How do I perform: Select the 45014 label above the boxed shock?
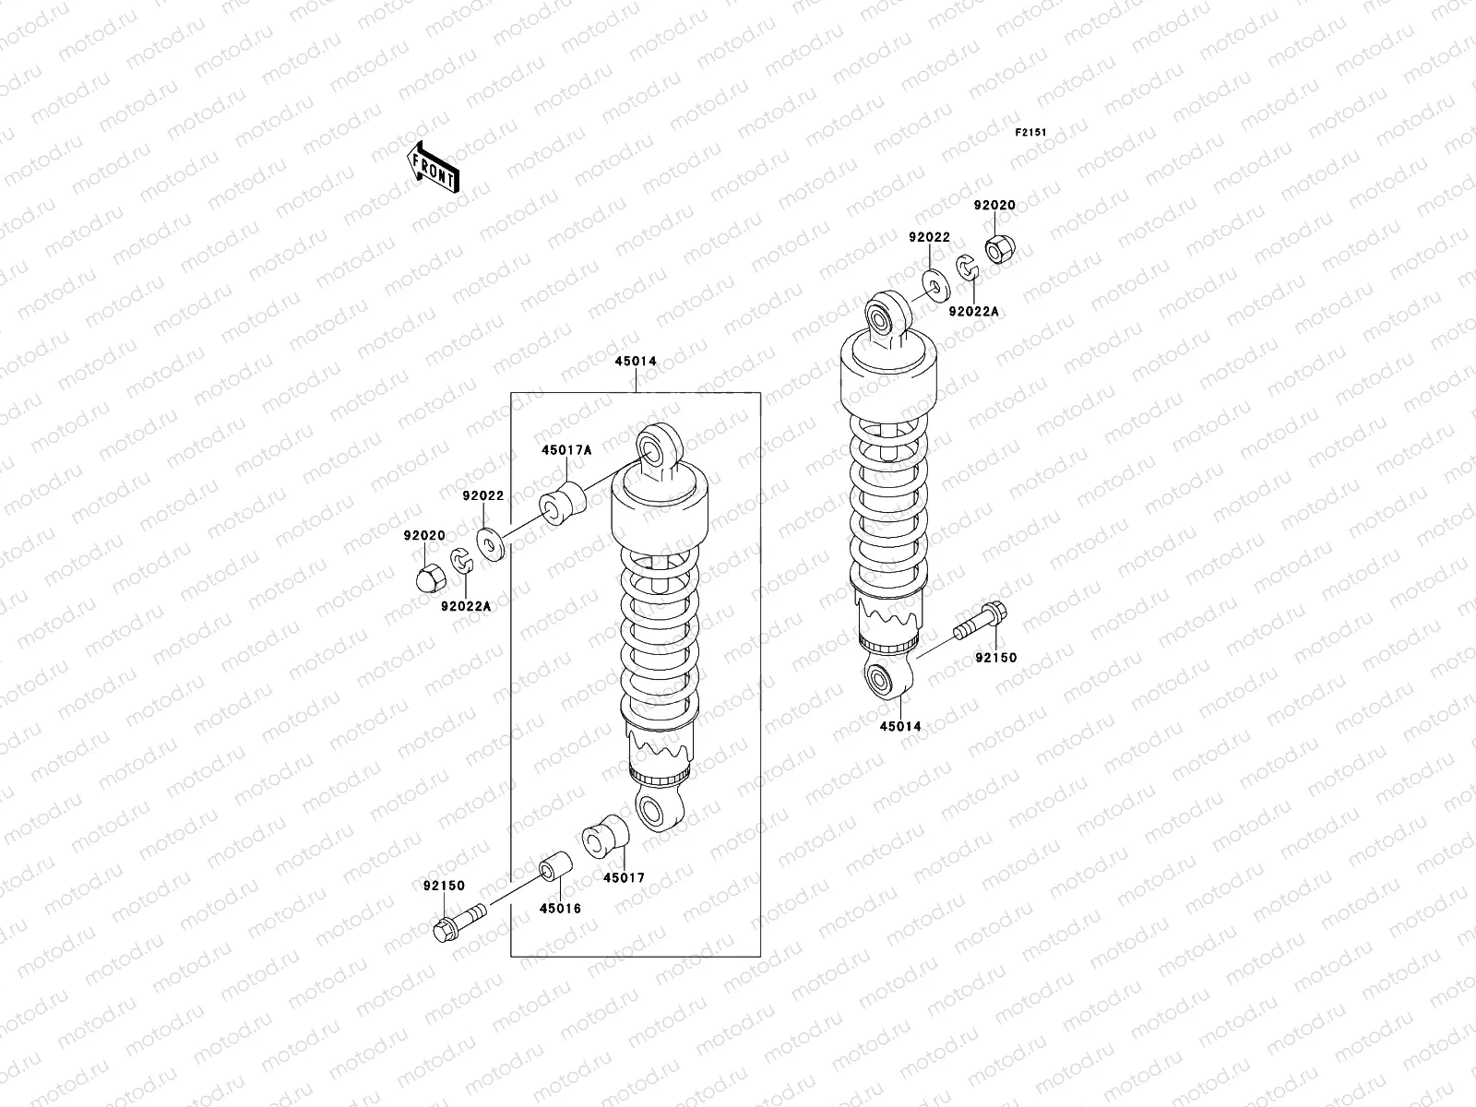tap(636, 362)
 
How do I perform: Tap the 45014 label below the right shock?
tap(899, 727)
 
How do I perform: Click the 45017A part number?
tap(565, 449)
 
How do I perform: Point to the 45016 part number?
tap(560, 908)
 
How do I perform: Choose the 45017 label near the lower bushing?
tap(624, 878)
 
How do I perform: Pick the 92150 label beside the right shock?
tap(995, 658)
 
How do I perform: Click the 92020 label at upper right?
tap(994, 206)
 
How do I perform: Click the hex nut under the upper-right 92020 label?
tap(998, 249)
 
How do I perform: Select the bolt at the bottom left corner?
tap(458, 921)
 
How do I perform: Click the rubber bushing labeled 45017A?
tap(564, 502)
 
